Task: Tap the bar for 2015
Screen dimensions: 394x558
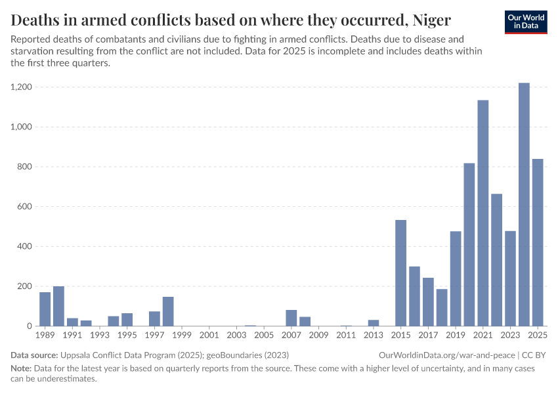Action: (400, 273)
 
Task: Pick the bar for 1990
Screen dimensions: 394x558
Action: (58, 306)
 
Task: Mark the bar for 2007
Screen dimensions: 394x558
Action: (291, 318)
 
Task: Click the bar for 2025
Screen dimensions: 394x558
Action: (538, 242)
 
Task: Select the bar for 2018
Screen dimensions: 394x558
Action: (442, 307)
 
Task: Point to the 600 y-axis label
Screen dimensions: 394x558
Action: (25, 206)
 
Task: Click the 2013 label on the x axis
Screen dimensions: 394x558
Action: (374, 336)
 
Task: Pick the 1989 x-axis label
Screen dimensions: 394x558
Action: (45, 336)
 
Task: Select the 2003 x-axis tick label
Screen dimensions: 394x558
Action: (236, 336)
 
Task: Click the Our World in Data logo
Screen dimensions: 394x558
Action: (526, 22)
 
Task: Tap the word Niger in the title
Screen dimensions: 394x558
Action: (431, 18)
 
